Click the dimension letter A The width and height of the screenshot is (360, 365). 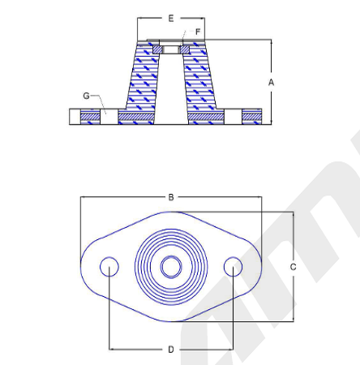pos(271,82)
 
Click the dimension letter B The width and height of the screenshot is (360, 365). pos(171,197)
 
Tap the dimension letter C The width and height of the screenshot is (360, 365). pos(293,267)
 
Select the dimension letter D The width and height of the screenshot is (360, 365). pos(171,350)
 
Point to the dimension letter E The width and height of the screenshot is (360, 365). pos(171,19)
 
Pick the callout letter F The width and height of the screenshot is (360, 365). pos(198,32)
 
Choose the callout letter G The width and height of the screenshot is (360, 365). pos(86,96)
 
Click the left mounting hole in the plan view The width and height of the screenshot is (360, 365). pos(109,267)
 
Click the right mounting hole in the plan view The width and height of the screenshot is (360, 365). pos(233,267)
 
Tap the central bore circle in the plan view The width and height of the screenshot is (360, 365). pos(171,267)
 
